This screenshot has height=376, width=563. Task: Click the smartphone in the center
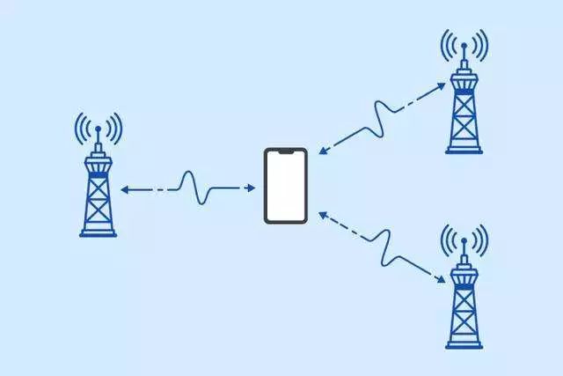point(285,186)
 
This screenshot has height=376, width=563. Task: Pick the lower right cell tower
point(464,295)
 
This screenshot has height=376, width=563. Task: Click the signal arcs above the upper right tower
point(464,46)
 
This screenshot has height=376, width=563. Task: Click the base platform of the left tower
point(98,233)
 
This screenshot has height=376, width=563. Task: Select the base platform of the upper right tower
point(464,150)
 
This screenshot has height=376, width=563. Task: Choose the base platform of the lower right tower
point(464,344)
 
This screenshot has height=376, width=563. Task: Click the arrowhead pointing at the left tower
point(124,188)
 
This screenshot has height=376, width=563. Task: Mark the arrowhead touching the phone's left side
point(255,188)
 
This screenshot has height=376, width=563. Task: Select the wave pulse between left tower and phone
point(195,187)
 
